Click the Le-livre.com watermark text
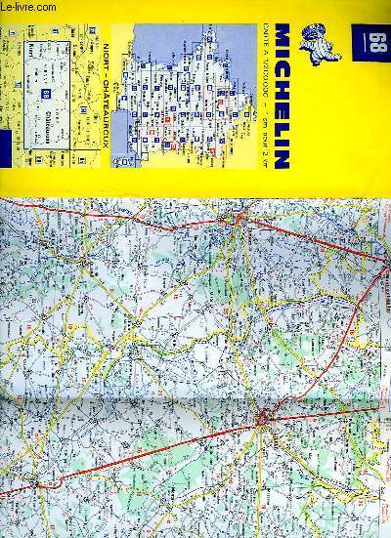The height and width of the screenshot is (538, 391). (35, 8)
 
